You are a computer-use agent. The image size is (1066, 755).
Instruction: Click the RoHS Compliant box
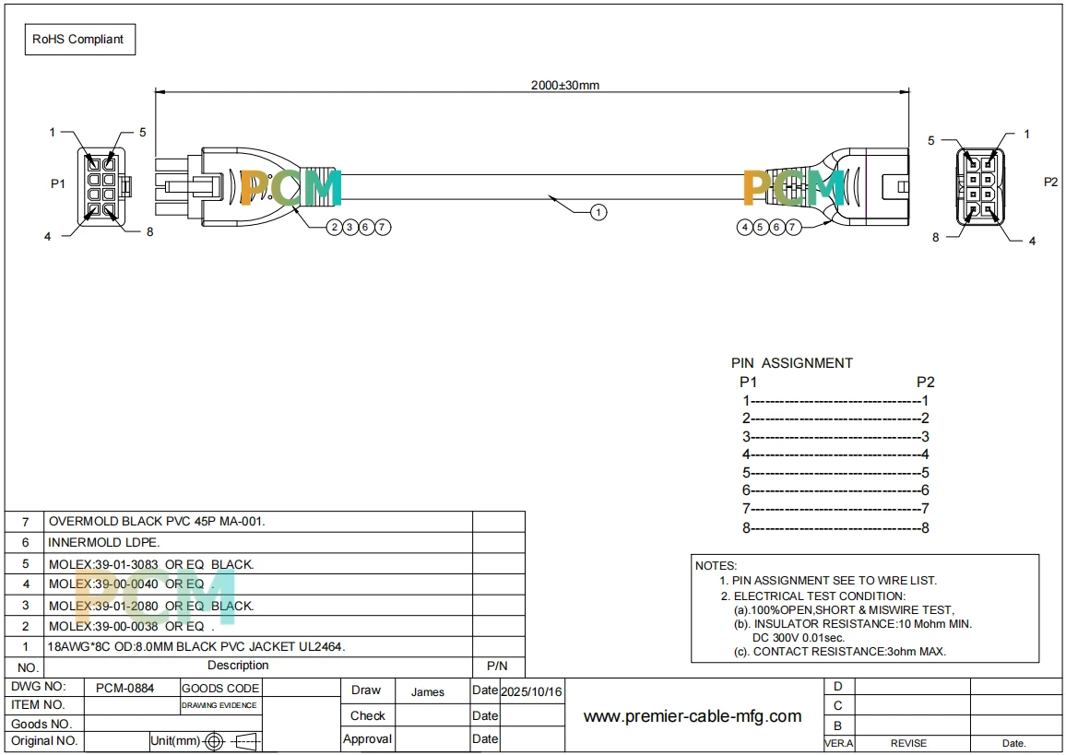pyautogui.click(x=80, y=40)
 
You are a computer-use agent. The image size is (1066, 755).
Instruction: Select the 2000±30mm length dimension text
pyautogui.click(x=565, y=85)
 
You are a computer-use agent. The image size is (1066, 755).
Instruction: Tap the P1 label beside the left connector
pyautogui.click(x=58, y=183)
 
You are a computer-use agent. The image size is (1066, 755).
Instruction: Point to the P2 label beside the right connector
pyautogui.click(x=1050, y=182)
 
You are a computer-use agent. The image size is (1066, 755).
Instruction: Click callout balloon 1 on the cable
pyautogui.click(x=598, y=213)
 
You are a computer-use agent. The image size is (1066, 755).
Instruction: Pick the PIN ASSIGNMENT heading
pyautogui.click(x=792, y=363)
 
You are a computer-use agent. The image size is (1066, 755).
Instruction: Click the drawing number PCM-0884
pyautogui.click(x=125, y=688)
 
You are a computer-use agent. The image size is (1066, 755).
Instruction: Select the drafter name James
pyautogui.click(x=428, y=691)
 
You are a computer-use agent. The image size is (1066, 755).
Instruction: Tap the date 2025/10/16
pyautogui.click(x=532, y=691)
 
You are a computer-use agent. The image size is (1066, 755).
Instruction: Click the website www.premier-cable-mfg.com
pyautogui.click(x=693, y=715)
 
